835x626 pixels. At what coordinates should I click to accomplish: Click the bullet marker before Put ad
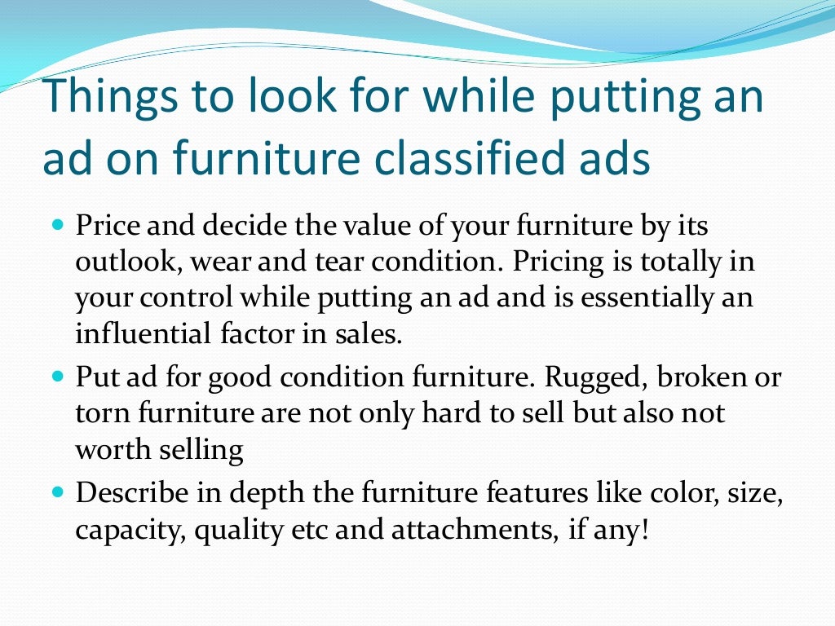point(57,377)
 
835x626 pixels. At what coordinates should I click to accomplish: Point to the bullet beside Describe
point(57,493)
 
